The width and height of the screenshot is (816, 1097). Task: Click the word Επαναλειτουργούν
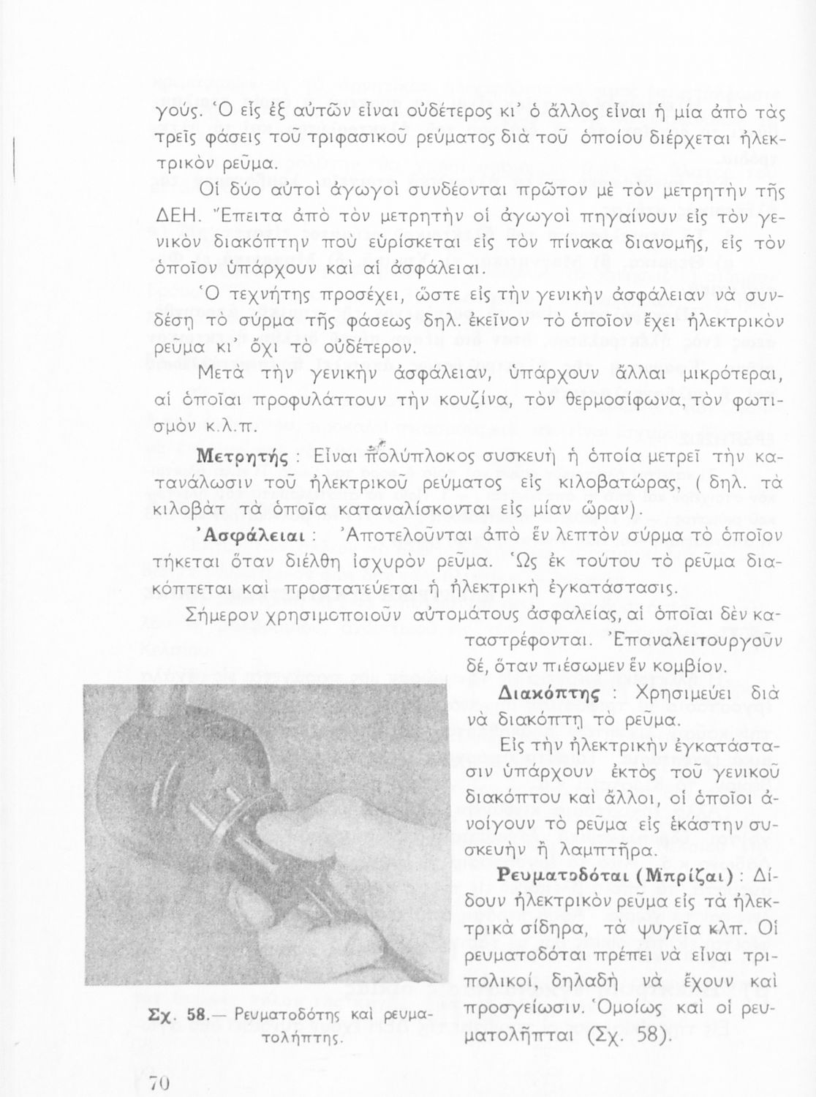click(700, 642)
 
